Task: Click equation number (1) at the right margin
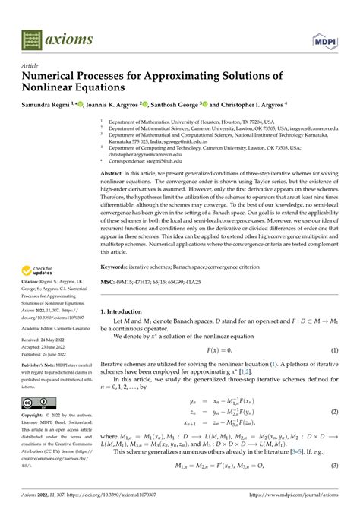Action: coord(334,349)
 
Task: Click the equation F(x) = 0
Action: coord(219,349)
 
